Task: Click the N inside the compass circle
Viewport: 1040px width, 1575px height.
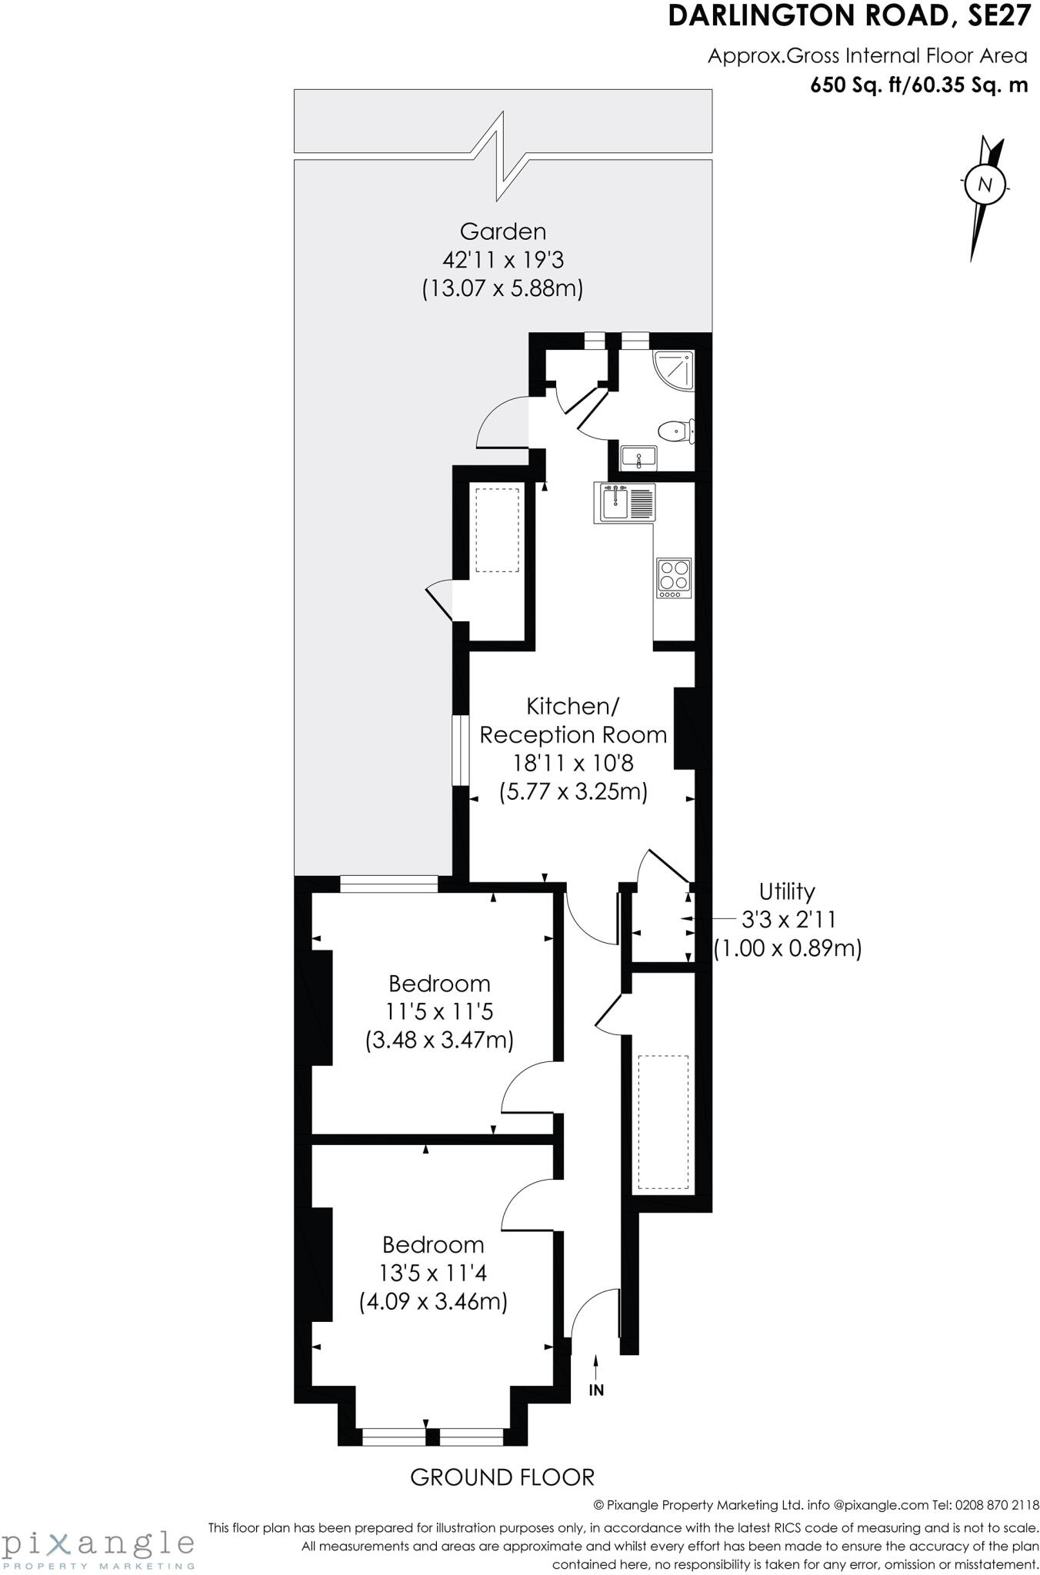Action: click(984, 185)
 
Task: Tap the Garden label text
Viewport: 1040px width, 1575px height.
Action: click(503, 231)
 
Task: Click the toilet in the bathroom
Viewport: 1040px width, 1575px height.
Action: click(677, 431)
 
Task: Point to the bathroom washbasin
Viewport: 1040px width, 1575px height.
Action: click(638, 457)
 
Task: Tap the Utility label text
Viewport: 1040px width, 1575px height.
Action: click(786, 891)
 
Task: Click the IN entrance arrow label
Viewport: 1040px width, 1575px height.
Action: click(596, 1390)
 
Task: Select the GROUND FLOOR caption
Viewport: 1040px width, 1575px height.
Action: click(502, 1477)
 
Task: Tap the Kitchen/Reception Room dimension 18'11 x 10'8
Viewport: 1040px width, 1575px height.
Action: click(573, 763)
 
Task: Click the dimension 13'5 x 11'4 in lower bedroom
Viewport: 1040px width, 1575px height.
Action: click(433, 1273)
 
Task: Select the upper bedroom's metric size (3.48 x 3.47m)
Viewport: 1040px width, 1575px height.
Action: click(439, 1040)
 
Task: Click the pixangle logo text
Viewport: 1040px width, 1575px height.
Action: click(97, 1542)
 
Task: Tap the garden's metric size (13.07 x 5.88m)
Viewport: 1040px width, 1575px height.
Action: click(503, 288)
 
